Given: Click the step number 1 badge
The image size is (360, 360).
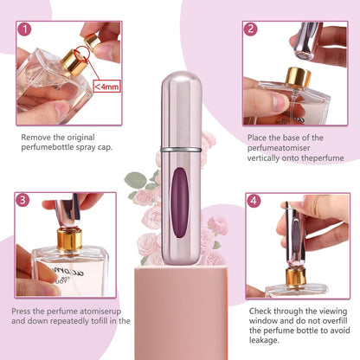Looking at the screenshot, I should (27, 29).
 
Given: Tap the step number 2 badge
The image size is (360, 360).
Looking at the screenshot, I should (252, 29).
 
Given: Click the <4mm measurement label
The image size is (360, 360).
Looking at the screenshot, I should (106, 86).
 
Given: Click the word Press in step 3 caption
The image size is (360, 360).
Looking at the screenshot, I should (23, 309).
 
